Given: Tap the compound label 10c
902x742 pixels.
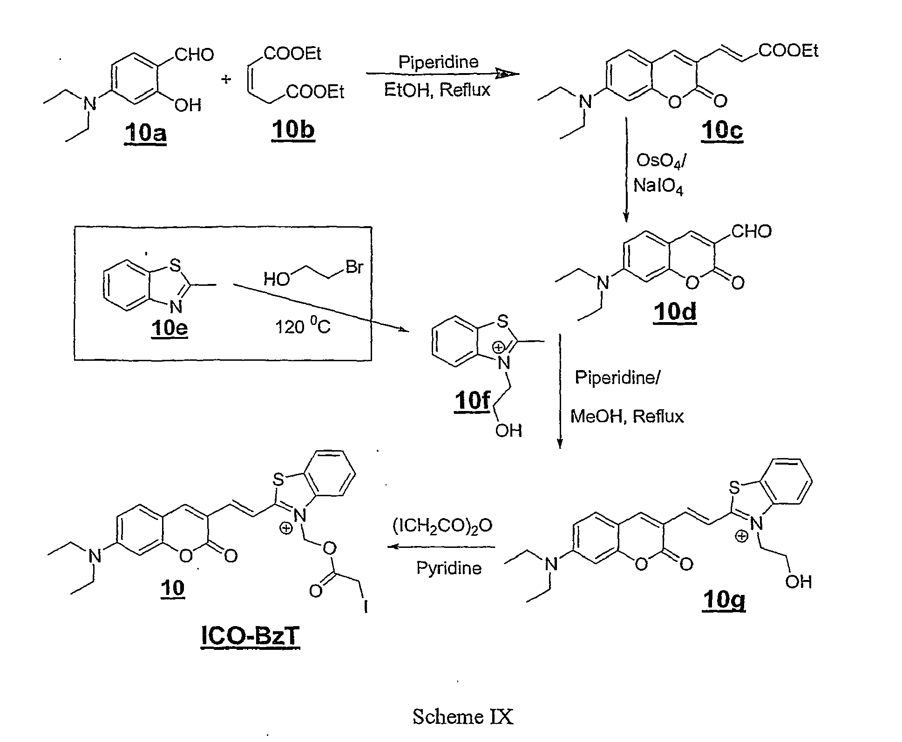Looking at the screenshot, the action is (x=722, y=130).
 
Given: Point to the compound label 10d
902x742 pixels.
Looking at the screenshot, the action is (x=675, y=311).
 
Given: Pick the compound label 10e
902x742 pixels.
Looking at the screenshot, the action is (x=169, y=328).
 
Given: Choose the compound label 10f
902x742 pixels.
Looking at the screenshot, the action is (x=473, y=400).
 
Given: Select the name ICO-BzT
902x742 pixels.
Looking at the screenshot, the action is (x=250, y=636).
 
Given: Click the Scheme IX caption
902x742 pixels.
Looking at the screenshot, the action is (x=463, y=716).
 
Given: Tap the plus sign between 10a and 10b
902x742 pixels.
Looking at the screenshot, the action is (x=226, y=80).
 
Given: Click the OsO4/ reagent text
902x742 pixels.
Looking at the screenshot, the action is (x=660, y=162).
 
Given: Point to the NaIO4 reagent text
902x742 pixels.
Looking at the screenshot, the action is (x=658, y=187).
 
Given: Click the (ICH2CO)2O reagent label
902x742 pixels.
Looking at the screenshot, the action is (x=442, y=526).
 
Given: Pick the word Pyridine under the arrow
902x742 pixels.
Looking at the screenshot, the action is (x=449, y=568).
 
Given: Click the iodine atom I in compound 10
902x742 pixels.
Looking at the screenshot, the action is (x=366, y=606).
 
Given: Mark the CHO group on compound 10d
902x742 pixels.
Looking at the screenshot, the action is (x=752, y=231).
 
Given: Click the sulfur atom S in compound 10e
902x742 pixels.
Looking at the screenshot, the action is (x=175, y=265).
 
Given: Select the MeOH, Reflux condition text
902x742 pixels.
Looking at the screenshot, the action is (x=627, y=416).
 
